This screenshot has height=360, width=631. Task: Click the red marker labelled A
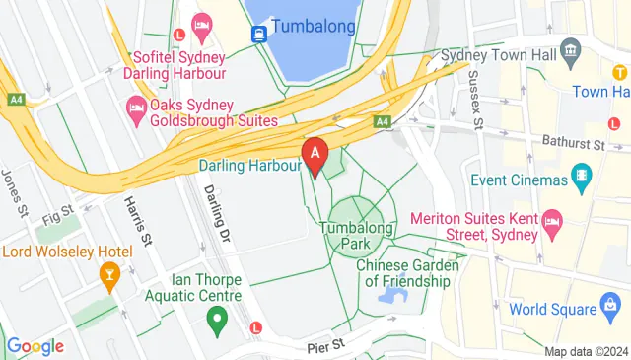[315, 156]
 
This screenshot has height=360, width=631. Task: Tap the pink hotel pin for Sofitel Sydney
[203, 27]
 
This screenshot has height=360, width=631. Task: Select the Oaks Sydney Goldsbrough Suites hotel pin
[136, 108]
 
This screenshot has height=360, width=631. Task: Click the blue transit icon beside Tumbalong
[258, 33]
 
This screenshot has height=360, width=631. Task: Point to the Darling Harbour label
[249, 166]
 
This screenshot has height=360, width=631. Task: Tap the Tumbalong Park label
[355, 235]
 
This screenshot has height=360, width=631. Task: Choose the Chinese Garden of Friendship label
[407, 273]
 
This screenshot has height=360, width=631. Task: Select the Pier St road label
[323, 345]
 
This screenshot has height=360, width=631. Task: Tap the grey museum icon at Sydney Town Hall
[570, 50]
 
